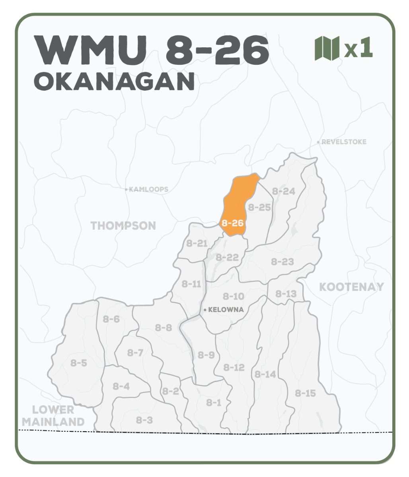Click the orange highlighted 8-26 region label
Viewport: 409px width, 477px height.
[x=232, y=223]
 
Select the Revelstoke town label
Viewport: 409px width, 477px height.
[x=343, y=142]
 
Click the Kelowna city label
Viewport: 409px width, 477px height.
[x=226, y=310]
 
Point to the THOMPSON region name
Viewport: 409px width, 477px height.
[x=123, y=226]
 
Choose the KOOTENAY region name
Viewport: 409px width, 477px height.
[x=351, y=287]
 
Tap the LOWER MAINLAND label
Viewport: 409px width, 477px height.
[x=53, y=416]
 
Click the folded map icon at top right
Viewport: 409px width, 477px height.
[x=327, y=48]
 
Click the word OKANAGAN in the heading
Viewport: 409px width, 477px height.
[x=115, y=81]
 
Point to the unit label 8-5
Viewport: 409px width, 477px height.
[x=79, y=363]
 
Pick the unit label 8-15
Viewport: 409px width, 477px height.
[x=305, y=393]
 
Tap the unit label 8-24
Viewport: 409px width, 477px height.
[x=283, y=191]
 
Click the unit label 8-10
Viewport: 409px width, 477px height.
[x=233, y=296]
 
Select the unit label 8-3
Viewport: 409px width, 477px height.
[x=144, y=420]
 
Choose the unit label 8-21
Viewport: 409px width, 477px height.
[x=197, y=243]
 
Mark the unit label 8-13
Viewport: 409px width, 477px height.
[x=286, y=294]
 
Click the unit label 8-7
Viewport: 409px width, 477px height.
[x=135, y=353]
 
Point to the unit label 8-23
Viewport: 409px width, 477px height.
[x=282, y=262]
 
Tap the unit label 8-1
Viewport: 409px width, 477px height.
[x=214, y=403]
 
